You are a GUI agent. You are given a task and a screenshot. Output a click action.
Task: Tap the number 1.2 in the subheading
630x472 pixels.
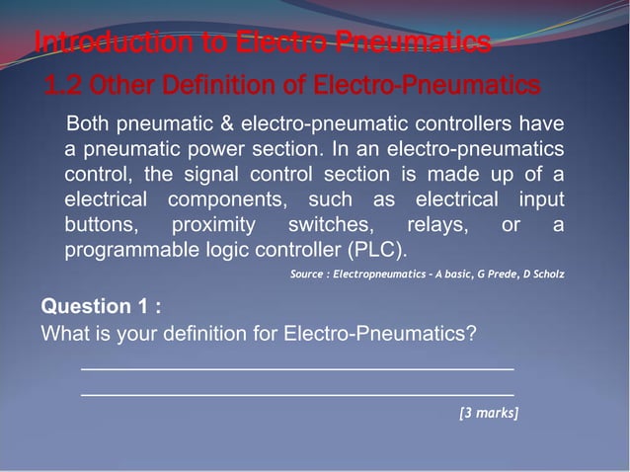(62, 87)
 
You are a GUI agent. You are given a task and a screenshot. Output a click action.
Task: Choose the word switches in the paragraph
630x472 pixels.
(329, 225)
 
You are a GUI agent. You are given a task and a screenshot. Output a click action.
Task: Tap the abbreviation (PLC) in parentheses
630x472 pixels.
(372, 250)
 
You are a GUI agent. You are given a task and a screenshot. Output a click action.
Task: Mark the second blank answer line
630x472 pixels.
(296, 395)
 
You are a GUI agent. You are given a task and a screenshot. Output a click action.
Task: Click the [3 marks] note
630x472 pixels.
(489, 412)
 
